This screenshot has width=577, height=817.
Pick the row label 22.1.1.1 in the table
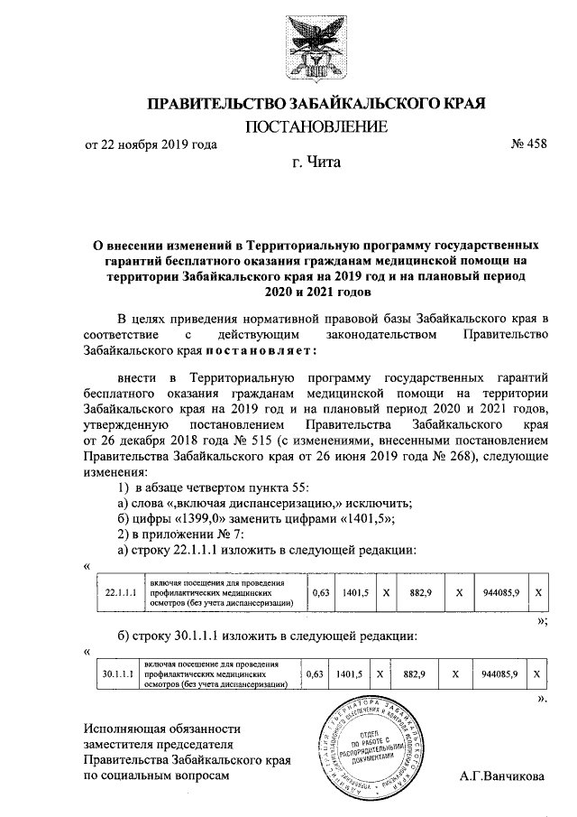(119, 594)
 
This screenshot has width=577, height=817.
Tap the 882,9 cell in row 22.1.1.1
(422, 594)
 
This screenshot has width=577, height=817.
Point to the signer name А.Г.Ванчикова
(501, 775)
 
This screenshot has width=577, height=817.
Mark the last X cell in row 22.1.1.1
(538, 594)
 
